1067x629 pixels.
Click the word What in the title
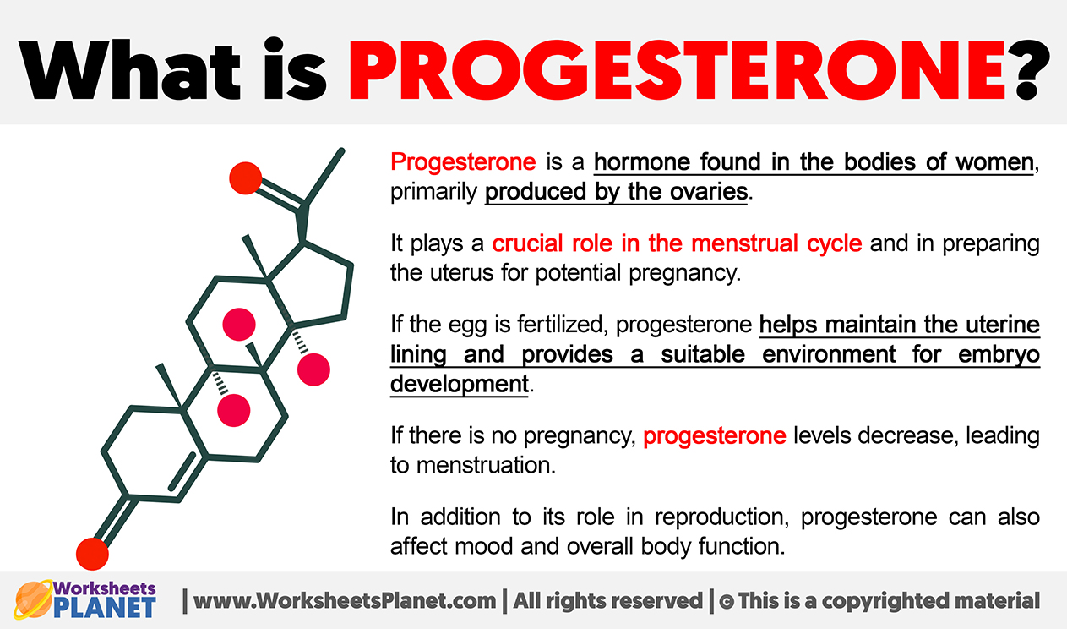click(129, 70)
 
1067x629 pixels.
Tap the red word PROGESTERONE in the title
click(678, 70)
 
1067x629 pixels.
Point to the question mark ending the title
click(1028, 70)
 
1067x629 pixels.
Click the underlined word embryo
click(999, 355)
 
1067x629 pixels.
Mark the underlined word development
click(460, 384)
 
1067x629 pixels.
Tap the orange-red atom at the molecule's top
click(245, 178)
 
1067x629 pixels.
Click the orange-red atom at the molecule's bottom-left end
click(92, 554)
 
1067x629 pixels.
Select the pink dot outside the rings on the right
click(313, 369)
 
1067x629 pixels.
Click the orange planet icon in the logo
click(33, 599)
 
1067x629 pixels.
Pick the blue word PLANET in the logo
click(105, 608)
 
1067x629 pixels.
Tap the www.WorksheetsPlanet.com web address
click(345, 601)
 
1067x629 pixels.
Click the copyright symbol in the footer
click(727, 602)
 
